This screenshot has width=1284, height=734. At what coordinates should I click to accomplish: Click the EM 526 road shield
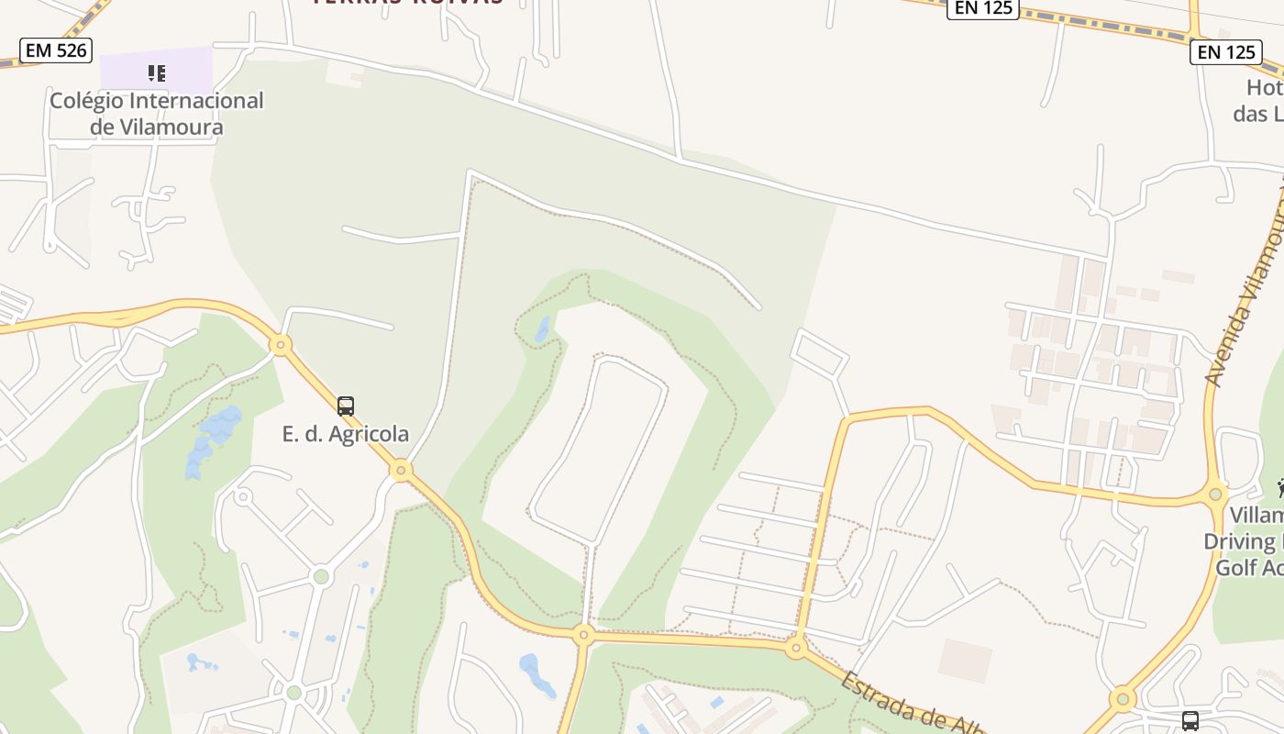tap(56, 50)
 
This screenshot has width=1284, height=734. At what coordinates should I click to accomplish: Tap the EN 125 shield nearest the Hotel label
tap(1226, 51)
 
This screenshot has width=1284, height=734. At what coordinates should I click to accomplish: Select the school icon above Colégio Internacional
tap(157, 72)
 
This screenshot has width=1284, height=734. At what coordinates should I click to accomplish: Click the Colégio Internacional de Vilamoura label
tap(156, 114)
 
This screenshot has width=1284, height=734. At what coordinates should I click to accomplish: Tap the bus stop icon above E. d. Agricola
tap(346, 406)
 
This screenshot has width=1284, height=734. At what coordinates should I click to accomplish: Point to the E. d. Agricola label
tap(345, 434)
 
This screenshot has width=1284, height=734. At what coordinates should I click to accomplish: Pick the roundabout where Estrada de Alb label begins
tap(796, 649)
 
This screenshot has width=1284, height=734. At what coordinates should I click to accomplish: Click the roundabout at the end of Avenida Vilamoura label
tap(1216, 495)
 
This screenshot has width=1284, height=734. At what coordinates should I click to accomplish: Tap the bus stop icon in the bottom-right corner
tap(1190, 720)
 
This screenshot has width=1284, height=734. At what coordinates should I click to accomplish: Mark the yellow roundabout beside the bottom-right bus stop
tap(1123, 700)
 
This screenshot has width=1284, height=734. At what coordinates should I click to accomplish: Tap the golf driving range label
tap(1247, 541)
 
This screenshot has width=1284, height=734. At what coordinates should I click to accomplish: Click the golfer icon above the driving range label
tap(1279, 487)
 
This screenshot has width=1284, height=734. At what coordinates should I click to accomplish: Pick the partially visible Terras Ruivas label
tap(407, 3)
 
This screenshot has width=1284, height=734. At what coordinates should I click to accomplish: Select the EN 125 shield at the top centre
tap(982, 8)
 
